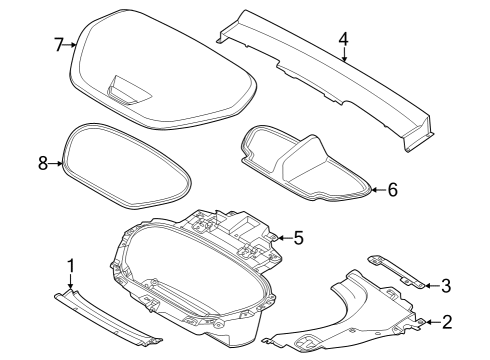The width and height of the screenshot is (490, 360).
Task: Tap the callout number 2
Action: [447, 321]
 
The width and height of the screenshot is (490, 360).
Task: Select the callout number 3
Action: [447, 285]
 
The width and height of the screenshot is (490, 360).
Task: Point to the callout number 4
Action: [343, 39]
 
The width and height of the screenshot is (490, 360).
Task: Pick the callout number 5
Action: [298, 238]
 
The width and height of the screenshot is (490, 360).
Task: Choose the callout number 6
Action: [393, 188]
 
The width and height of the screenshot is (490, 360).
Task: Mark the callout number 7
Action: [59, 44]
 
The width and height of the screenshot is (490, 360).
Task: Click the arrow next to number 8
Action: [58, 164]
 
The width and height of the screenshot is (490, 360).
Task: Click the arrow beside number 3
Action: [430, 285]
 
